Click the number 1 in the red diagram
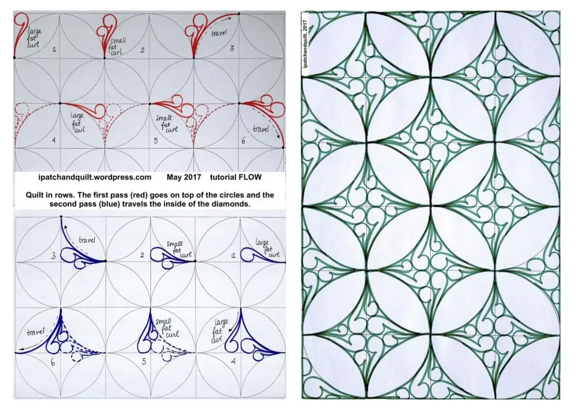[54, 49]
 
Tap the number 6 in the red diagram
[244, 141]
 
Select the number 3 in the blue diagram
[53, 256]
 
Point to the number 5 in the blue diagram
[144, 362]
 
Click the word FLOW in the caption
[249, 177]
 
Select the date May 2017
[184, 177]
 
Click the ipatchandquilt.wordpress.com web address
[95, 177]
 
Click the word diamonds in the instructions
[233, 204]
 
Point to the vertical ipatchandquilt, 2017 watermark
[305, 44]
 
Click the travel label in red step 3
[219, 33]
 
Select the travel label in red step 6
[261, 128]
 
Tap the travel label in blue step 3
[87, 240]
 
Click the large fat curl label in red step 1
[34, 38]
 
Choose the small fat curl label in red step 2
[118, 46]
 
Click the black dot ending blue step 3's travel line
[61, 216]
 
